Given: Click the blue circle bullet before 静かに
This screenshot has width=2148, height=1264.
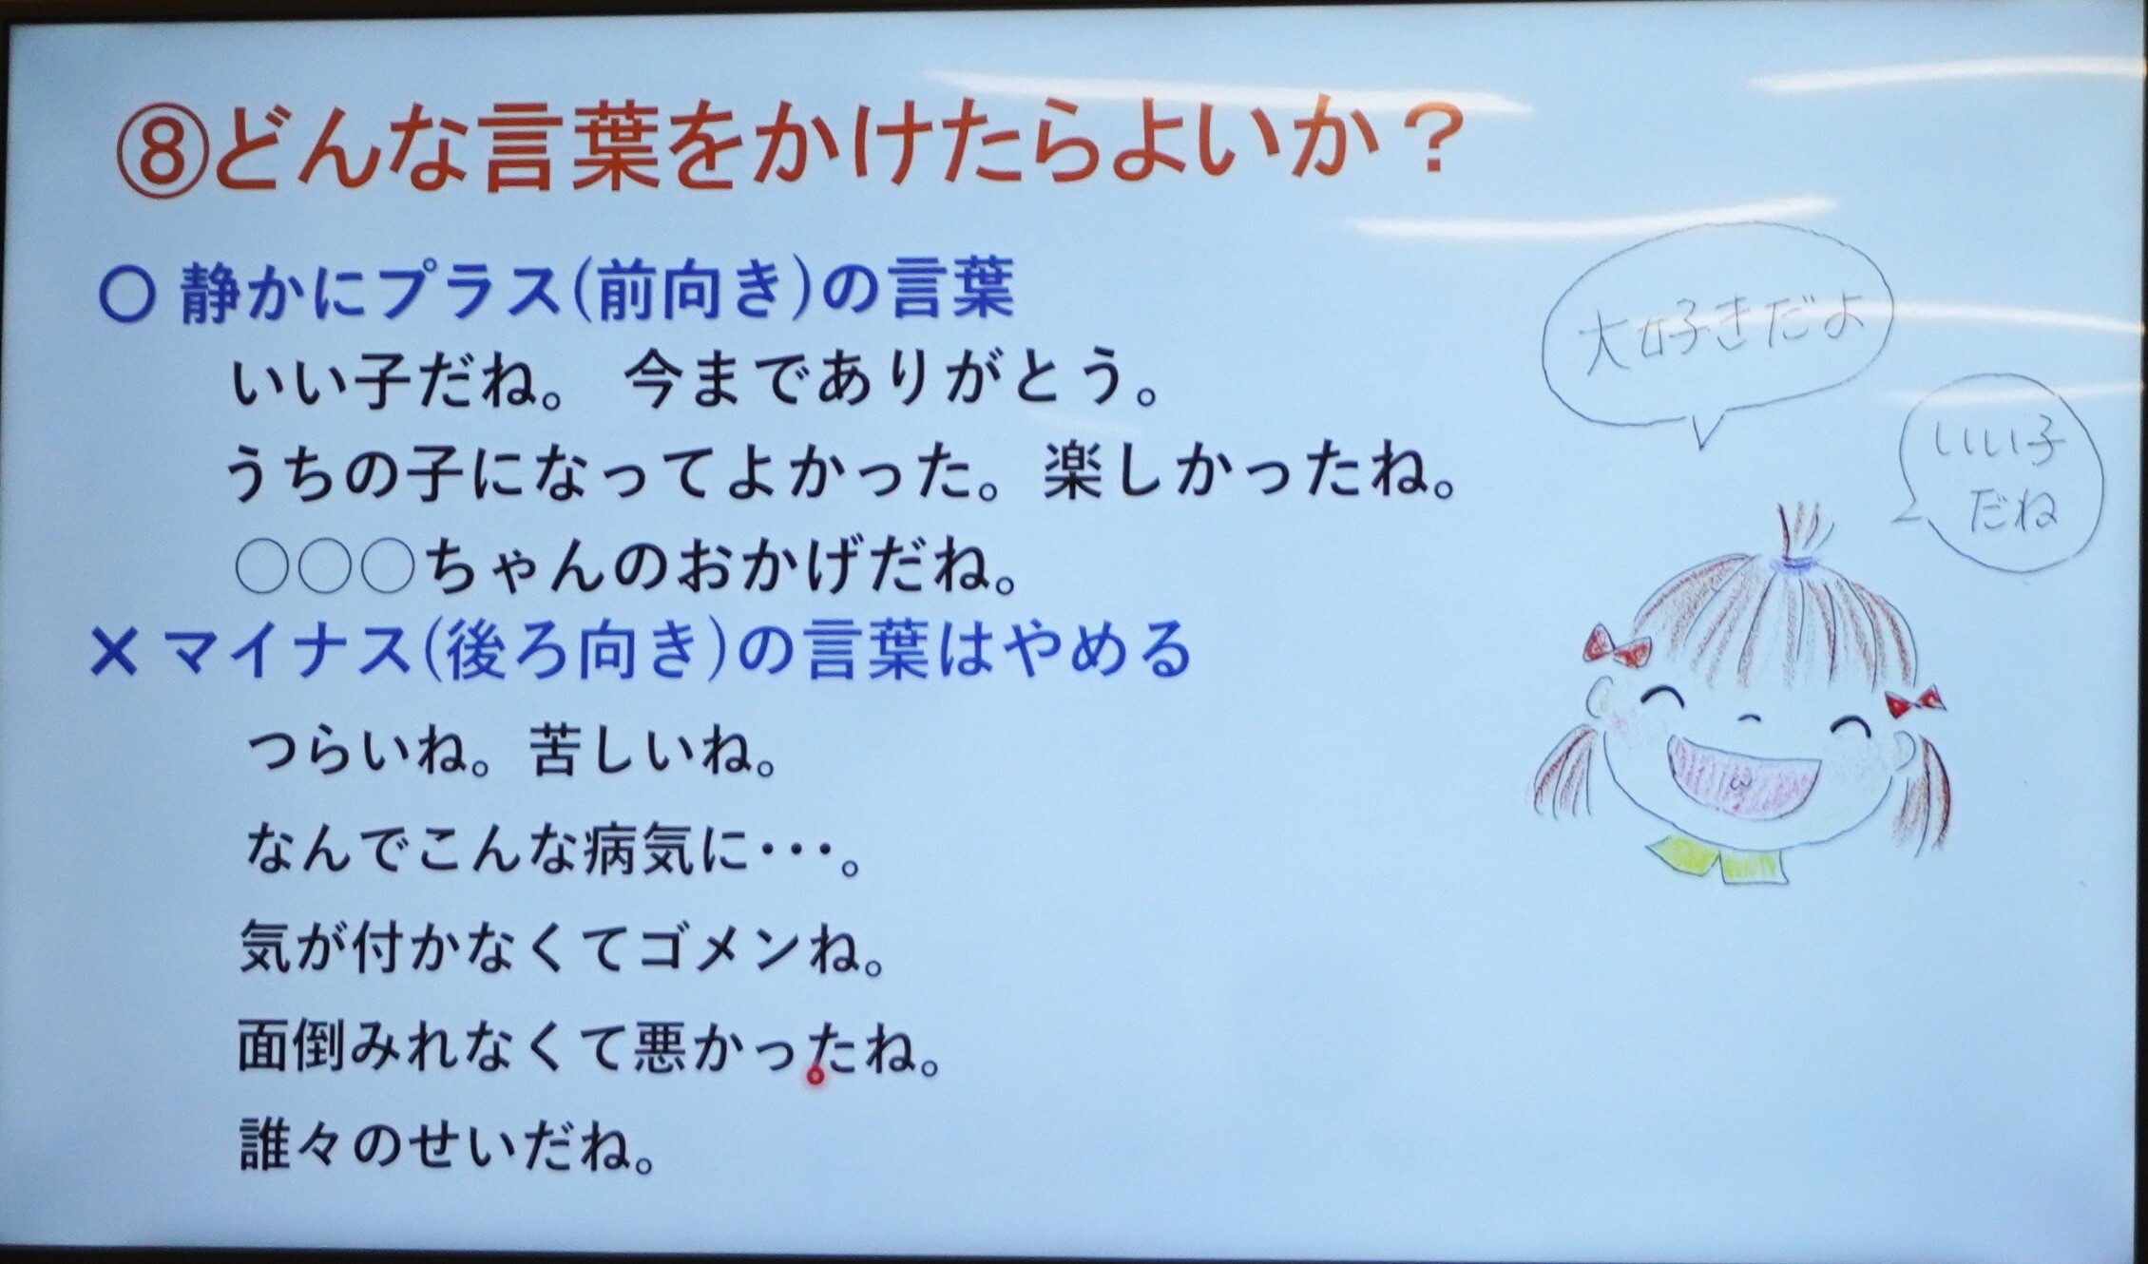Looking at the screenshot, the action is click(x=127, y=295).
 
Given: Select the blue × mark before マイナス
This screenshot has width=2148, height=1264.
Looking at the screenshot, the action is click(x=115, y=655).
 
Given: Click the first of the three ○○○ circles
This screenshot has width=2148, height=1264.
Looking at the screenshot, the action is click(x=265, y=566).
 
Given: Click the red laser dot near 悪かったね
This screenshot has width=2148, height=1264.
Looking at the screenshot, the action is click(x=815, y=1076).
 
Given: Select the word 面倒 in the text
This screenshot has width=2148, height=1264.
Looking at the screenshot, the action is click(x=295, y=1045).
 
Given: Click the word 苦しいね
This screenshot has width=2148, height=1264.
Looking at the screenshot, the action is click(x=656, y=750).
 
